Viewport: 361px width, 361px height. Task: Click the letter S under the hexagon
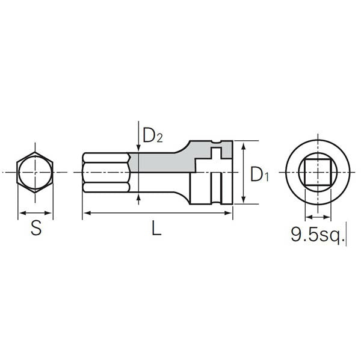pyautogui.click(x=36, y=229)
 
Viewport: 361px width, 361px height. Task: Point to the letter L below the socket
pyautogui.click(x=156, y=229)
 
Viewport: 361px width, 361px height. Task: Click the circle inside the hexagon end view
pyautogui.click(x=35, y=172)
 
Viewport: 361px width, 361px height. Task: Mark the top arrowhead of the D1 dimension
pyautogui.click(x=243, y=145)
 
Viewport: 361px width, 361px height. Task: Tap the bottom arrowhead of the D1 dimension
pyautogui.click(x=243, y=200)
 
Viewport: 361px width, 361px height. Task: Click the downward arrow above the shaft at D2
pyautogui.click(x=139, y=148)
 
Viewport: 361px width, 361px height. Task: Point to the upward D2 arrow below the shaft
pyautogui.click(x=139, y=197)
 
